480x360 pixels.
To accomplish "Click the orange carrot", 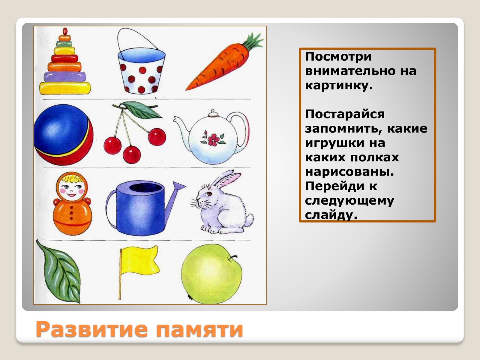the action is (219, 68).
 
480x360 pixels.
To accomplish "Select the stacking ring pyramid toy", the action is (65, 63).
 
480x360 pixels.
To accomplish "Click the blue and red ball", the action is (63, 134).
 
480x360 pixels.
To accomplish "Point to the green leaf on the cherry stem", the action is (140, 109).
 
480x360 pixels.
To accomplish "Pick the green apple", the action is (212, 274).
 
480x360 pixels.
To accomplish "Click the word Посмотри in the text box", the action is (338, 57).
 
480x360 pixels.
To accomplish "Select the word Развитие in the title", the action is (92, 329).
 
